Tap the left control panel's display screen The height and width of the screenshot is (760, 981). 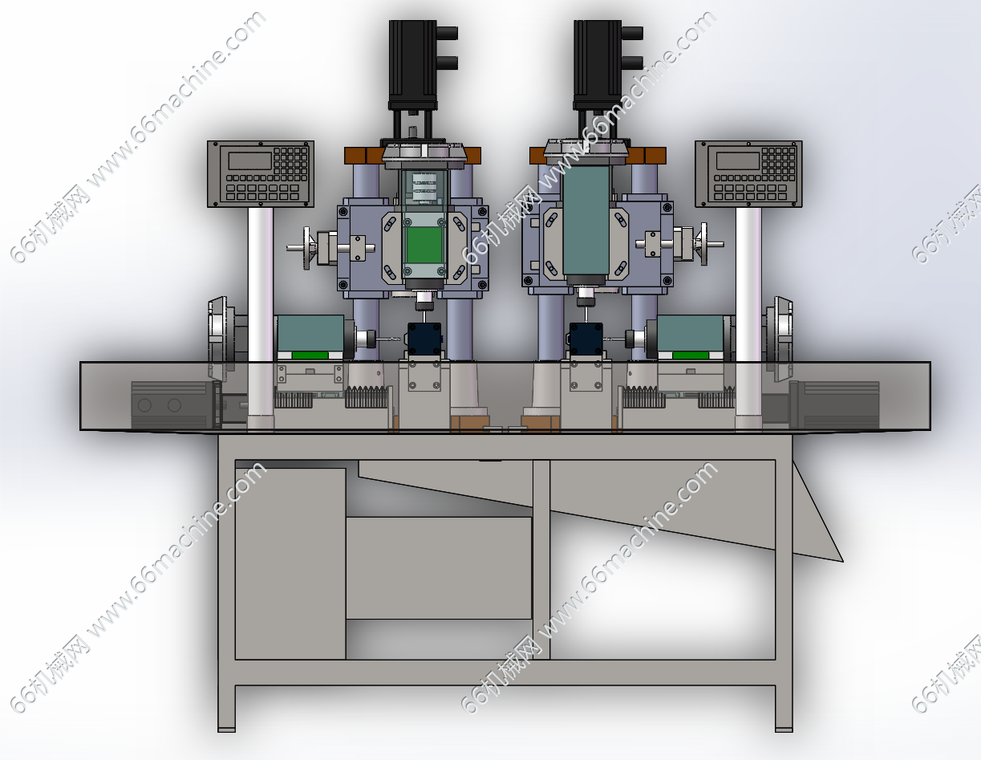point(250,161)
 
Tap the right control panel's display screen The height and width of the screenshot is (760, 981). point(738,161)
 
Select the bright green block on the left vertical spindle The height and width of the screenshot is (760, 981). point(424,246)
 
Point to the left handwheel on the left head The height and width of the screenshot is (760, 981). point(307,248)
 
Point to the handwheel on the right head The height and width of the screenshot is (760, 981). point(703,244)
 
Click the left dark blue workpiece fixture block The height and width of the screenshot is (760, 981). point(424,338)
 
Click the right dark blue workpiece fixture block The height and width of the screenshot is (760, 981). point(586,338)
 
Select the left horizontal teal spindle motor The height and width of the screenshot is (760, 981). point(310,333)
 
